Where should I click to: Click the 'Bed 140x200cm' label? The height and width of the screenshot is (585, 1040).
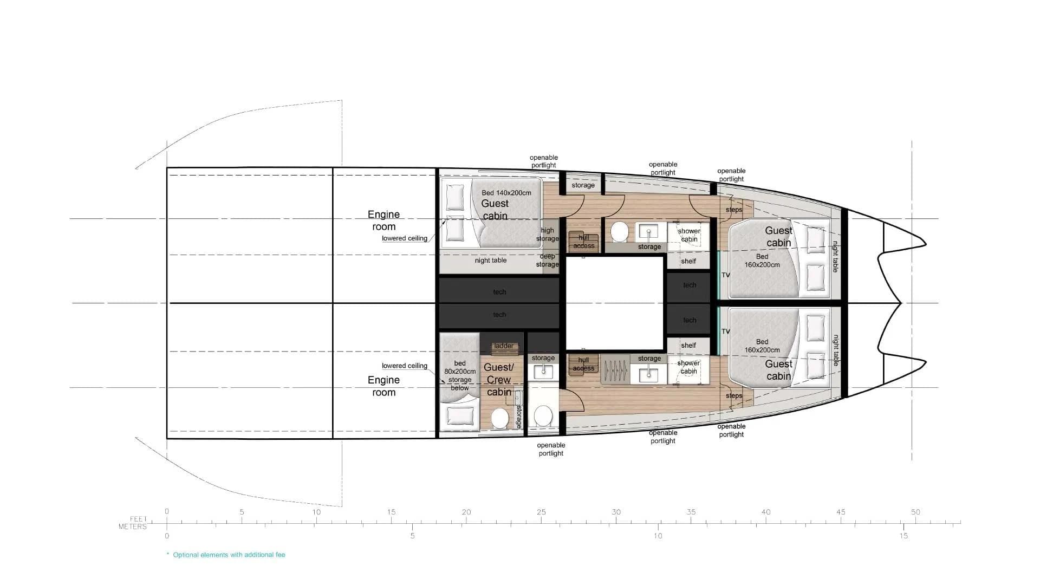(506, 193)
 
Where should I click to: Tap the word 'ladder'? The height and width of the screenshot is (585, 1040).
(504, 346)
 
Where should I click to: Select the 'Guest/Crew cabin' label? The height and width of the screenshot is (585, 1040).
(498, 380)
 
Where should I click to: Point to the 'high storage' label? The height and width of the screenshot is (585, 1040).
(548, 235)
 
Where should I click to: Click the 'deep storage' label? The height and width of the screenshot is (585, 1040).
(547, 261)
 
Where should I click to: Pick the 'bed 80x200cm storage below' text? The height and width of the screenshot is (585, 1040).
(460, 375)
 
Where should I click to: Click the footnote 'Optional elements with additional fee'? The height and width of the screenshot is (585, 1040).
(229, 555)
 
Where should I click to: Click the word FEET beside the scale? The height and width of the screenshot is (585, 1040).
(138, 519)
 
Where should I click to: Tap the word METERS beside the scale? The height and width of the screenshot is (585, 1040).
(133, 526)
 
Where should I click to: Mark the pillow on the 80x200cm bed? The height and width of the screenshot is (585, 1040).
(459, 416)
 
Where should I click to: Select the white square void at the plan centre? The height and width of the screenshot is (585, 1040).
(615, 303)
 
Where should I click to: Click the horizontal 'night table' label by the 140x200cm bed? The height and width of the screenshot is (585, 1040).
(490, 261)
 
